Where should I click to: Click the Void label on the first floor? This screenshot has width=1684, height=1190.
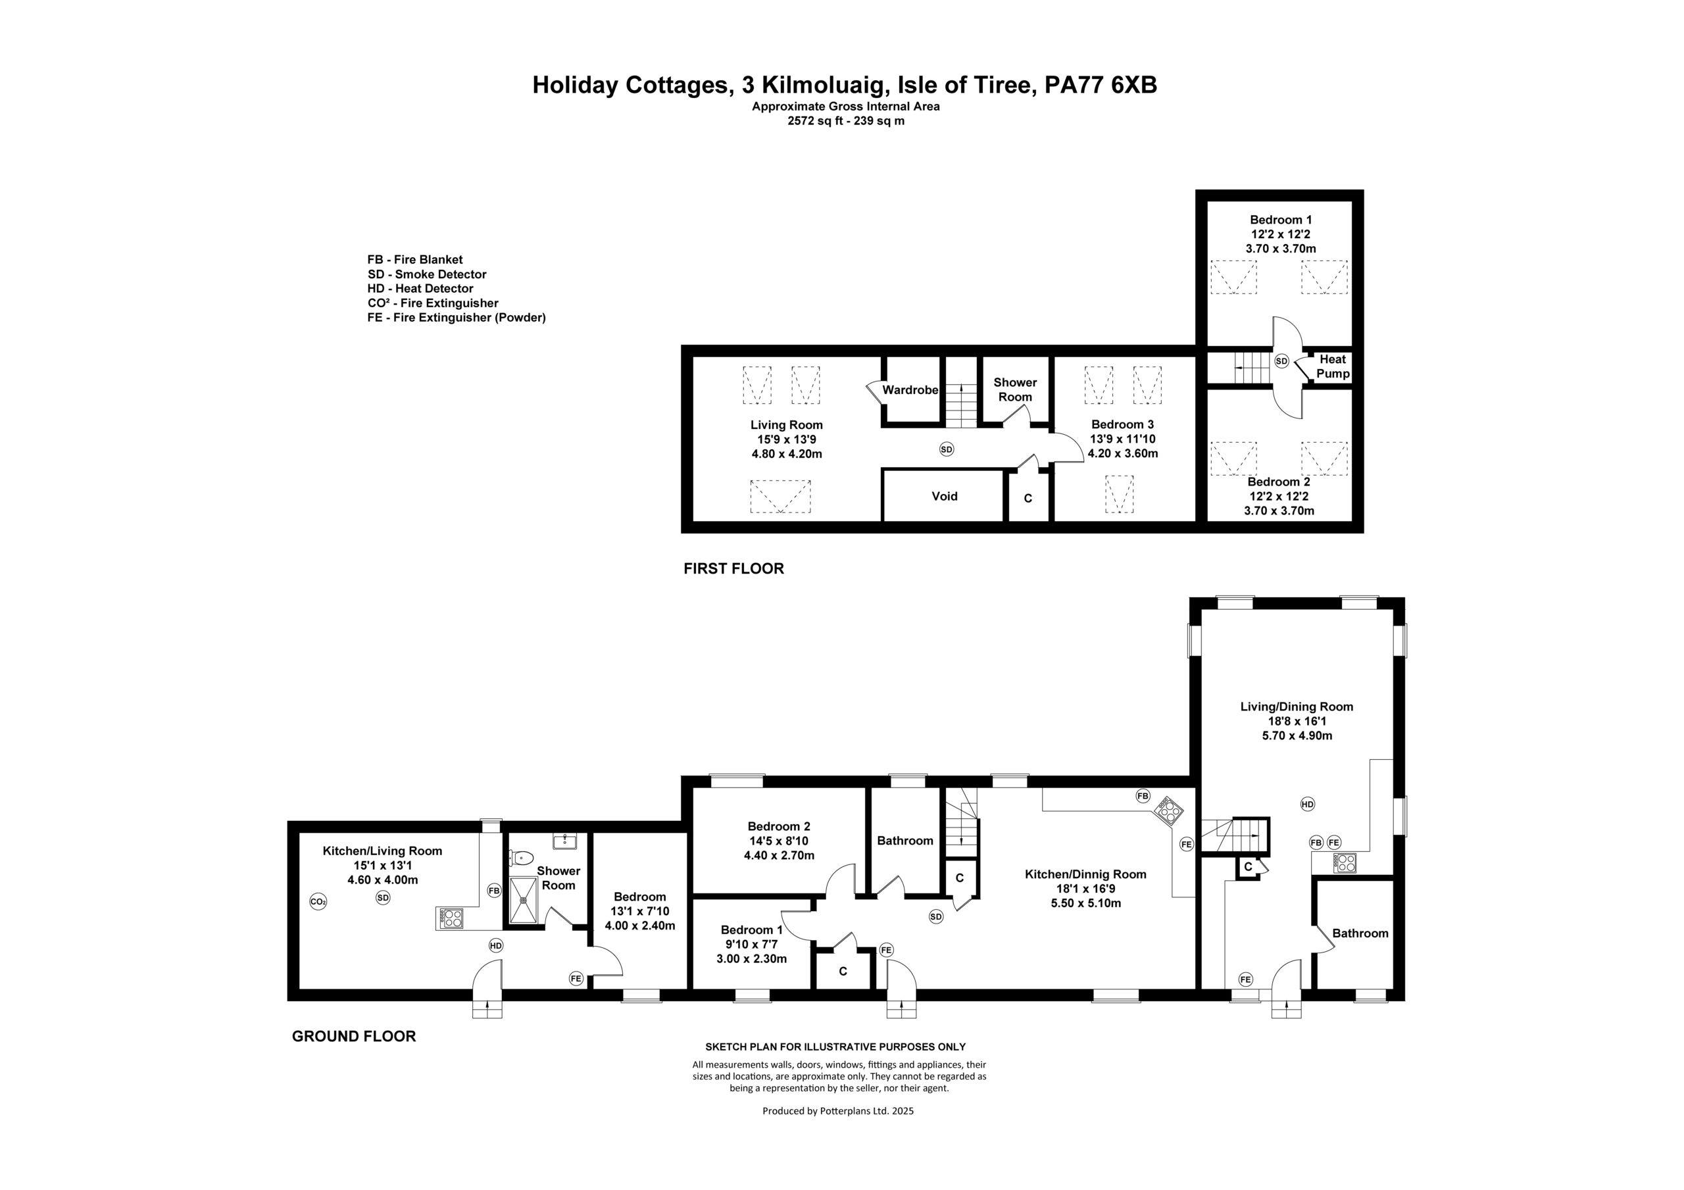pyautogui.click(x=944, y=496)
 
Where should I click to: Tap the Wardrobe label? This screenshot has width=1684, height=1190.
pyautogui.click(x=910, y=389)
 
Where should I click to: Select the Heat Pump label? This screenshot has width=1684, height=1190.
pyautogui.click(x=1333, y=366)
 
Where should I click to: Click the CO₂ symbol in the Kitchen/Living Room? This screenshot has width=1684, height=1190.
pyautogui.click(x=318, y=902)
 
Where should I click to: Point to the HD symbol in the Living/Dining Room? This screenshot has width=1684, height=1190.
pyautogui.click(x=1307, y=804)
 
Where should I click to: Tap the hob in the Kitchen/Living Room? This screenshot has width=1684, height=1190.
pyautogui.click(x=451, y=917)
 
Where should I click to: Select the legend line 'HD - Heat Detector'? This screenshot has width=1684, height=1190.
pyautogui.click(x=420, y=288)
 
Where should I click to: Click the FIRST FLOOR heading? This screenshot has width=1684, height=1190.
pyautogui.click(x=733, y=568)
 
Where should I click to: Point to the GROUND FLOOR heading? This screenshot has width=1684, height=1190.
pyautogui.click(x=353, y=1036)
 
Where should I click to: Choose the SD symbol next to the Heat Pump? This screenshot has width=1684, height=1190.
pyautogui.click(x=1281, y=361)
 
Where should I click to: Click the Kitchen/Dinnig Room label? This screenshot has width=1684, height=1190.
pyautogui.click(x=1085, y=874)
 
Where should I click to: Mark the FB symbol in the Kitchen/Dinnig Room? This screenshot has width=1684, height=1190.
pyautogui.click(x=1143, y=796)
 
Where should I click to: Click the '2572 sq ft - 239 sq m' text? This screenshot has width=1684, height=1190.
pyautogui.click(x=846, y=121)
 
